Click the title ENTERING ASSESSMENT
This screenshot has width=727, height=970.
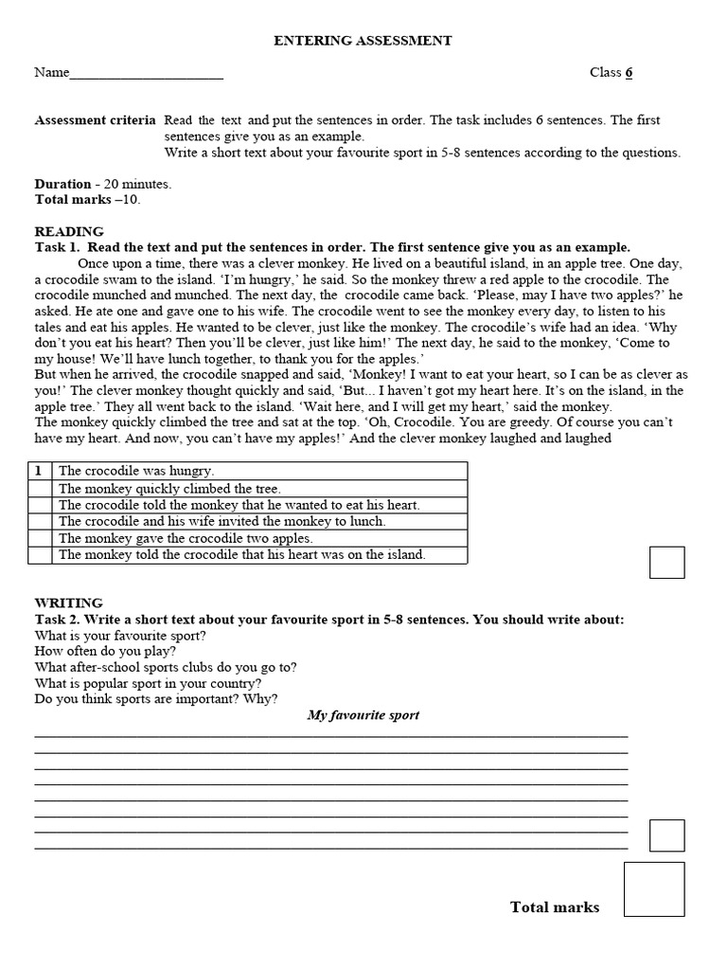point(363,41)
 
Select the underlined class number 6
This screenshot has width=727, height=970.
point(629,73)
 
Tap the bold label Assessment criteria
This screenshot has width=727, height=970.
point(96,120)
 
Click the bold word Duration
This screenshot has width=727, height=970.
point(62,184)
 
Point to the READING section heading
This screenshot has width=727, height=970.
point(69,231)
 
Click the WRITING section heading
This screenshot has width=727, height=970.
point(69,602)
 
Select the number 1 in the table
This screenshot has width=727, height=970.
point(38,471)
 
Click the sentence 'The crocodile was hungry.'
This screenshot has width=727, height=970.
point(136,471)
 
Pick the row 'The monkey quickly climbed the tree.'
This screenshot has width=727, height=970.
point(169,489)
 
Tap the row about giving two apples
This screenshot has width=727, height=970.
point(186,538)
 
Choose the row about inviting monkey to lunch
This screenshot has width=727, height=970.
point(222,521)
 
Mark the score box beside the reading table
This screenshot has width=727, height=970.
point(666,562)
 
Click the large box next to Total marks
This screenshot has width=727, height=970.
point(654,889)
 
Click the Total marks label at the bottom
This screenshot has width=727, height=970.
point(555,907)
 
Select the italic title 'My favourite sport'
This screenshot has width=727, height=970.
point(363,715)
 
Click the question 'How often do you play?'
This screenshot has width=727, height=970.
point(105,652)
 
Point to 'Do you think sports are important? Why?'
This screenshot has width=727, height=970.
point(156,699)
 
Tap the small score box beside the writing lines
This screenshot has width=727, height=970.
point(666,835)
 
